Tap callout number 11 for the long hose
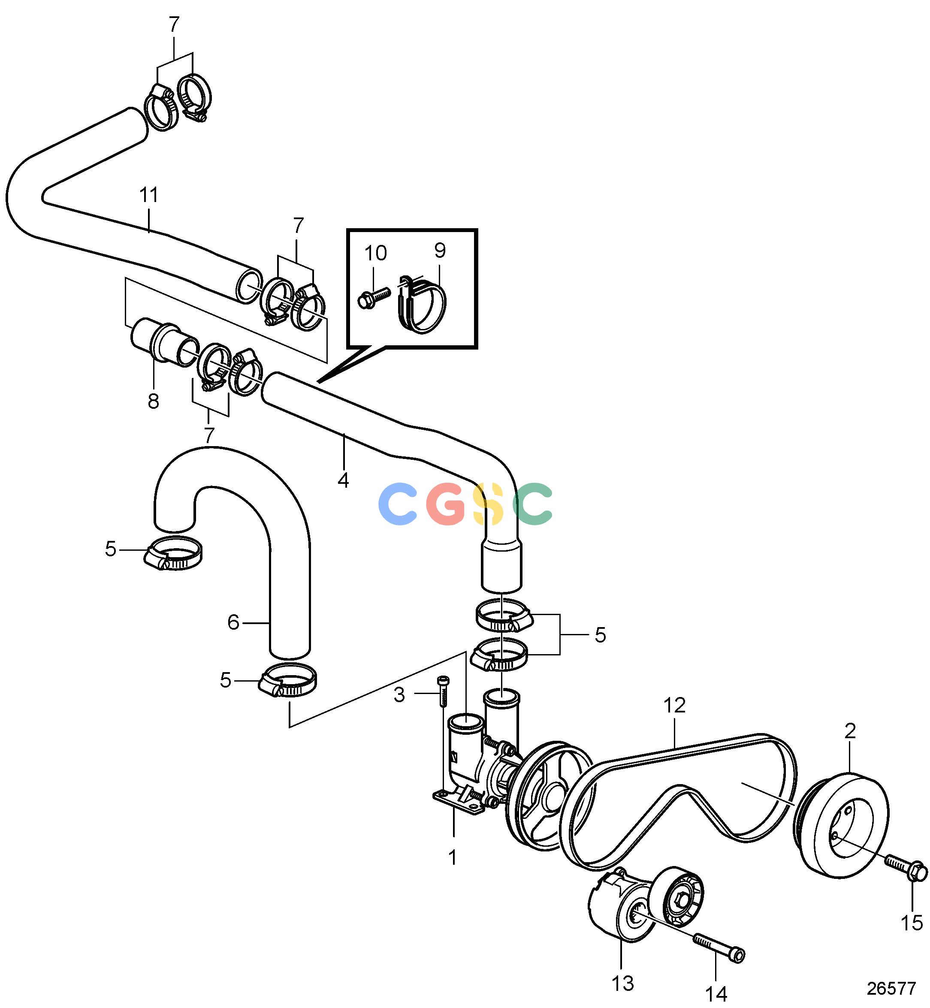(x=148, y=195)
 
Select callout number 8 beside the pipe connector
(x=154, y=401)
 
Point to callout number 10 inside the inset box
(x=375, y=253)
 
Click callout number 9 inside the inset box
(x=440, y=250)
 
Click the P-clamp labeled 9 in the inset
(x=422, y=304)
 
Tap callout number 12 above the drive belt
(x=674, y=706)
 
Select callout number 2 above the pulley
(x=850, y=731)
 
